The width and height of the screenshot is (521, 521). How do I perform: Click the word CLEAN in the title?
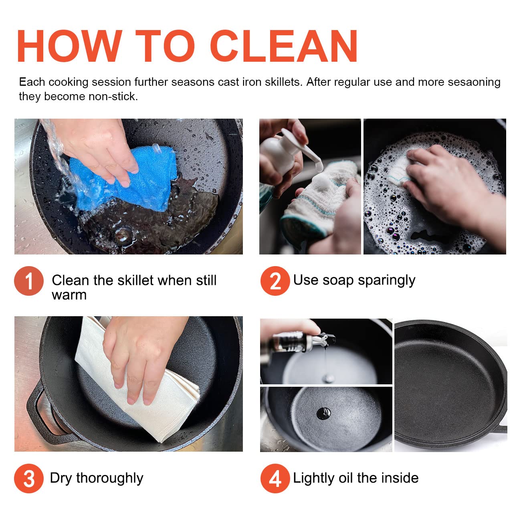(284, 46)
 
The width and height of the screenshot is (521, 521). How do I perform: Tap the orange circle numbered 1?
(29, 281)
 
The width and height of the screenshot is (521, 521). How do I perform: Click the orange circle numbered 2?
(275, 281)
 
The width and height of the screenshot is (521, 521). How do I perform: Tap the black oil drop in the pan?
(324, 413)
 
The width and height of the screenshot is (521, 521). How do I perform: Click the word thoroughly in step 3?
(110, 479)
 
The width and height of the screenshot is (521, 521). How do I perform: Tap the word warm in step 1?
(69, 295)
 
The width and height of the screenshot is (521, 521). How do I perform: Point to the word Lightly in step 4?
(314, 479)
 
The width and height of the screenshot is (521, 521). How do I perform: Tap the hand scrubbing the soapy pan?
(454, 189)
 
